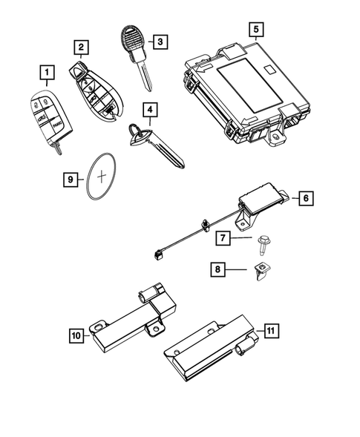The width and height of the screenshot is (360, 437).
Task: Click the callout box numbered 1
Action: (48, 73)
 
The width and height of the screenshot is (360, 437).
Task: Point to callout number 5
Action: (256, 30)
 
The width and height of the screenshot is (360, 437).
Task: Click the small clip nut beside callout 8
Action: (263, 269)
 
